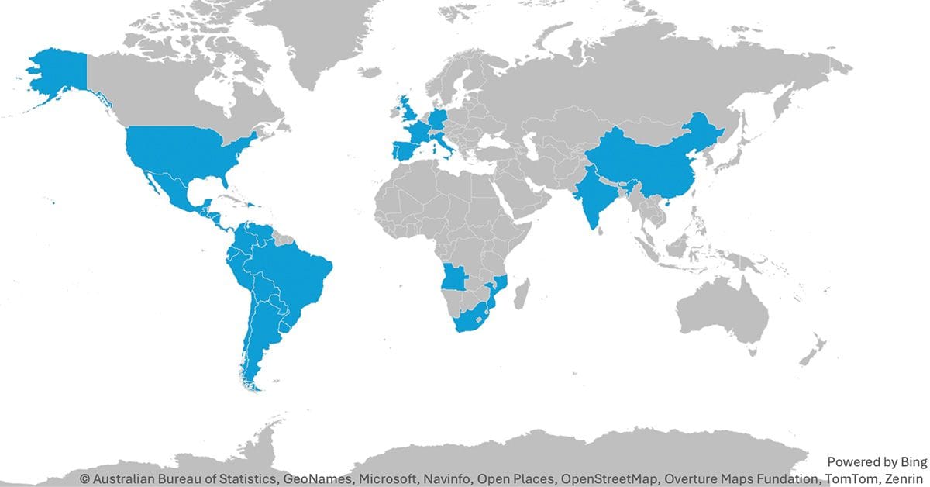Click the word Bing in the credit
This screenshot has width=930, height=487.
[911, 462]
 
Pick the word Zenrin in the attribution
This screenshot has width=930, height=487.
[904, 478]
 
